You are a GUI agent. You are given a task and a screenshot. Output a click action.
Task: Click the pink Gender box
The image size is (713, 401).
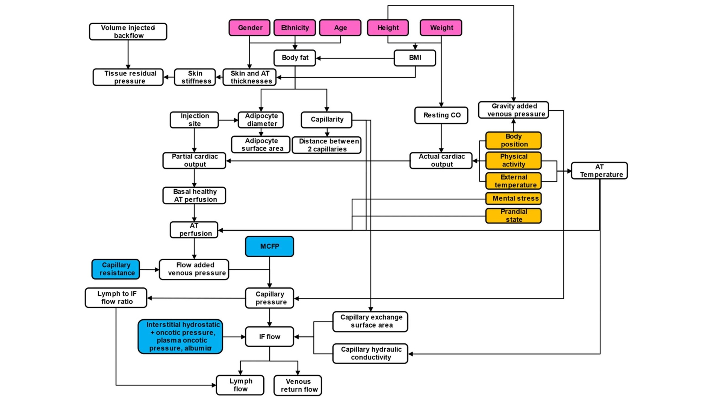click(x=250, y=28)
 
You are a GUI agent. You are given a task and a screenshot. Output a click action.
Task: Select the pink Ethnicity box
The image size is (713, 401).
click(x=295, y=28)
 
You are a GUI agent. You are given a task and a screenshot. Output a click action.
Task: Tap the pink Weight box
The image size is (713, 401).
click(x=441, y=28)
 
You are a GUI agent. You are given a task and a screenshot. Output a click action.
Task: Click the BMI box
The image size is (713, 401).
click(x=415, y=58)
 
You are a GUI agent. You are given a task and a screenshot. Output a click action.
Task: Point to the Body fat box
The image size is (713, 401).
click(x=295, y=58)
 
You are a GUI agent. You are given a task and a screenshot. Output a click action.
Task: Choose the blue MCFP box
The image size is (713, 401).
click(x=270, y=247)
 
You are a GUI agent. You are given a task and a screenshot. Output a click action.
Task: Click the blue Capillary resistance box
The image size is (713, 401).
click(x=116, y=269)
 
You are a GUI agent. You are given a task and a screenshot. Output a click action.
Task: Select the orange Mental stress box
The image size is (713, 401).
click(x=514, y=199)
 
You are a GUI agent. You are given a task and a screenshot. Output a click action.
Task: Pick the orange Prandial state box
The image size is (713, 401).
click(x=514, y=216)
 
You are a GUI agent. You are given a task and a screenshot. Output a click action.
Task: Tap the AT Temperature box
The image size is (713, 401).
click(x=599, y=171)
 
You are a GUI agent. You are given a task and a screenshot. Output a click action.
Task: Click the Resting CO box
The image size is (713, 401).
click(x=441, y=115)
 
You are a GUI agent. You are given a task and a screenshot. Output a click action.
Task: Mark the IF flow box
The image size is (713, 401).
click(x=270, y=337)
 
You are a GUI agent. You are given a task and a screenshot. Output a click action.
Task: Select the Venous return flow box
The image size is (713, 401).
click(x=298, y=385)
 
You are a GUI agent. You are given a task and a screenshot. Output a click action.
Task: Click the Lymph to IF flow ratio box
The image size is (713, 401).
click(x=116, y=298)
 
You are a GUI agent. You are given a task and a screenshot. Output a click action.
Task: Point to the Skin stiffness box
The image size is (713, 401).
click(x=195, y=77)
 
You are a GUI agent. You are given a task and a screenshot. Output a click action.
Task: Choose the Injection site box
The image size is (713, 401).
click(x=194, y=120)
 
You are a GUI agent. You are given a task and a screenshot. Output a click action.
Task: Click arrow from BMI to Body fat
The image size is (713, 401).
click(x=355, y=58)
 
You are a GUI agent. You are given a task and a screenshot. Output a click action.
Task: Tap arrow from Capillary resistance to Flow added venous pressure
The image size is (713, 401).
click(x=149, y=270)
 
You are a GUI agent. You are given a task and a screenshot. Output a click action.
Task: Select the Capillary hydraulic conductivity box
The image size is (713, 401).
click(x=370, y=353)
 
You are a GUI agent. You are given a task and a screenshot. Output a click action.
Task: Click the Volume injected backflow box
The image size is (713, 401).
click(x=128, y=32)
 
